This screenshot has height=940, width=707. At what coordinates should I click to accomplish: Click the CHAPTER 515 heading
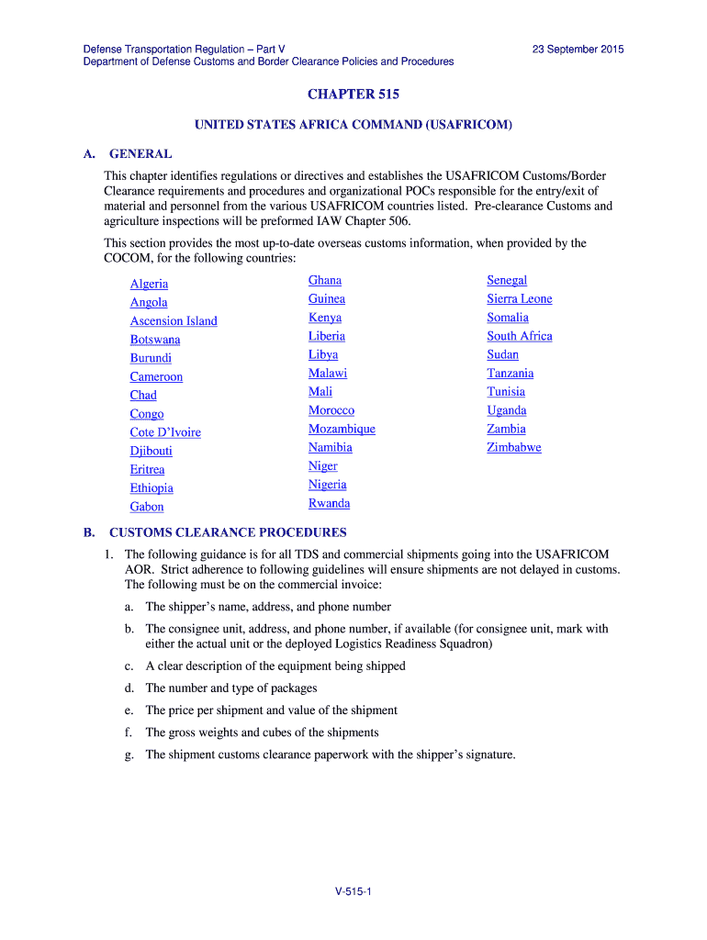coord(353,95)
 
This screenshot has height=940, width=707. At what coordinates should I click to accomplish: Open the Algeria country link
coord(149,284)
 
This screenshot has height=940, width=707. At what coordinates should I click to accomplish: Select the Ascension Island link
coord(174,320)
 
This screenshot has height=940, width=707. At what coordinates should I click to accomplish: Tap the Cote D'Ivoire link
coord(165,432)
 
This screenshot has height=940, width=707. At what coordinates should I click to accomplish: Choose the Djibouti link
coord(151,451)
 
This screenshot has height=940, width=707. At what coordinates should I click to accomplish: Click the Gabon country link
coord(147,507)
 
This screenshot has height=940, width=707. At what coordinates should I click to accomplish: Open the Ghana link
coord(325,280)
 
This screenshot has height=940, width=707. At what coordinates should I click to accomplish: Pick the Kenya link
coord(325,318)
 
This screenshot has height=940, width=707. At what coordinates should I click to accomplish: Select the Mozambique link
coord(342,429)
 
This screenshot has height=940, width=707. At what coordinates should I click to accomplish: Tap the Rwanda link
coord(329,503)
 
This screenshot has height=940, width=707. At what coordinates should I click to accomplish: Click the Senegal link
coord(507,280)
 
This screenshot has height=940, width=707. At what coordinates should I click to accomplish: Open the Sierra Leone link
coord(520,298)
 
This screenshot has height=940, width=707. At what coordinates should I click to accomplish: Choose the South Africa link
coord(520,336)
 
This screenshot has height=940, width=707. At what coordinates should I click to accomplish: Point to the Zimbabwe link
coord(514,447)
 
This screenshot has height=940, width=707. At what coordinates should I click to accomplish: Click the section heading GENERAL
coord(140,153)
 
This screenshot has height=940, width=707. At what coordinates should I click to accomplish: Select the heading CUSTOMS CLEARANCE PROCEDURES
coord(228,532)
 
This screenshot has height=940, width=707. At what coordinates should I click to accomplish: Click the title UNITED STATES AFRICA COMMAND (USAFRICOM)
coord(353,124)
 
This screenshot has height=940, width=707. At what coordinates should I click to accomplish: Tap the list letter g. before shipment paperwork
coord(129,755)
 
